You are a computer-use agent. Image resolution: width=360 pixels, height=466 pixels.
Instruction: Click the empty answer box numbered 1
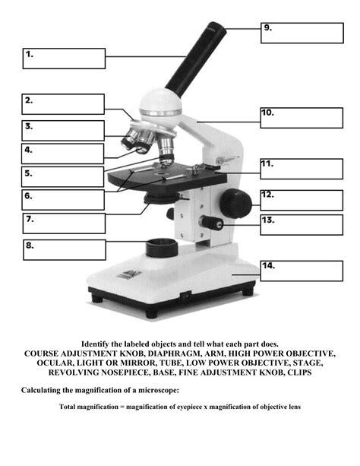pyautogui.click(x=64, y=59)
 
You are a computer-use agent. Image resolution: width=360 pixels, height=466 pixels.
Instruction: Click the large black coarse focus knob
pyautogui.click(x=236, y=203)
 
